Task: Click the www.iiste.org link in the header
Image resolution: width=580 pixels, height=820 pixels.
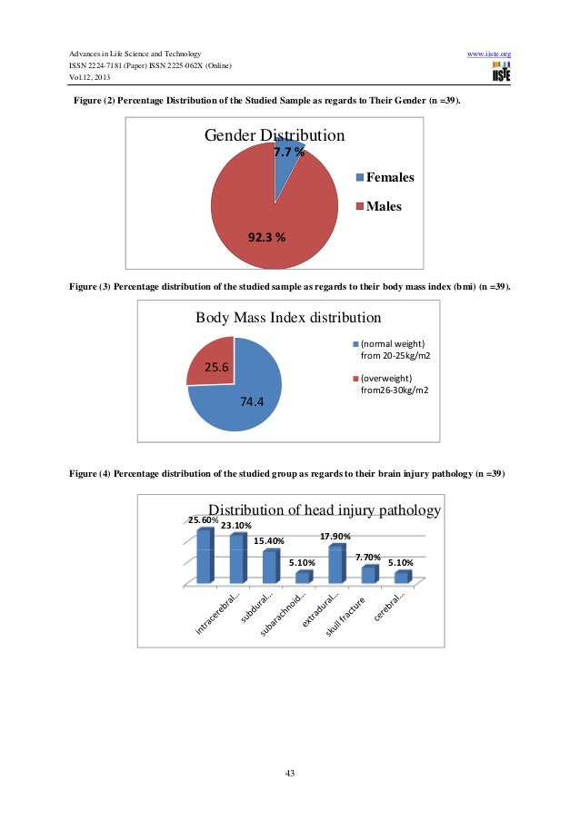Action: [x=488, y=54]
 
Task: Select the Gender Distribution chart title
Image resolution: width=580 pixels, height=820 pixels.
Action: [x=274, y=136]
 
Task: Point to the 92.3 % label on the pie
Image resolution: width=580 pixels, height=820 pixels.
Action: [x=266, y=238]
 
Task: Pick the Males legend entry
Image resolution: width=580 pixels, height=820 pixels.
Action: [x=383, y=206]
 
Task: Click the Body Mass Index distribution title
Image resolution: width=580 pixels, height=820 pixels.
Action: [x=288, y=318]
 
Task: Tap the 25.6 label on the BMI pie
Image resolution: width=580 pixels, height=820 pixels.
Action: [x=216, y=368]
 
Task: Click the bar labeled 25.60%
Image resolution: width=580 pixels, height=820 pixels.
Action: [x=204, y=555]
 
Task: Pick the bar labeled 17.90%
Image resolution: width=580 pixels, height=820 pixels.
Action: [x=335, y=564]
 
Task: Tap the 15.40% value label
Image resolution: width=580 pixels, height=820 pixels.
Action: [x=268, y=541]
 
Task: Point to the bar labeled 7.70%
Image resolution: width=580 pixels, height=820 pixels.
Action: [x=367, y=574]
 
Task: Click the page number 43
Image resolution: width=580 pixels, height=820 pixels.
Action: [x=290, y=773]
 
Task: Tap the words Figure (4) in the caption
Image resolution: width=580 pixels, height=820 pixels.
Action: [x=90, y=474]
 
